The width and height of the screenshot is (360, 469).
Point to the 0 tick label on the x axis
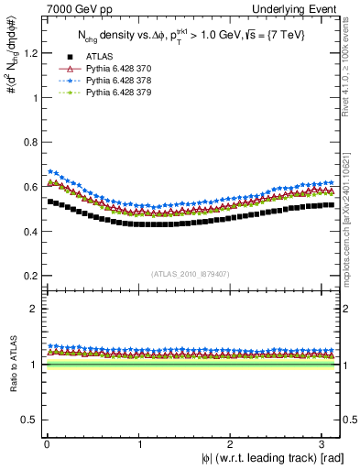46,444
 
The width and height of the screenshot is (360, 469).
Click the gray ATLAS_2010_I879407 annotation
191,273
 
